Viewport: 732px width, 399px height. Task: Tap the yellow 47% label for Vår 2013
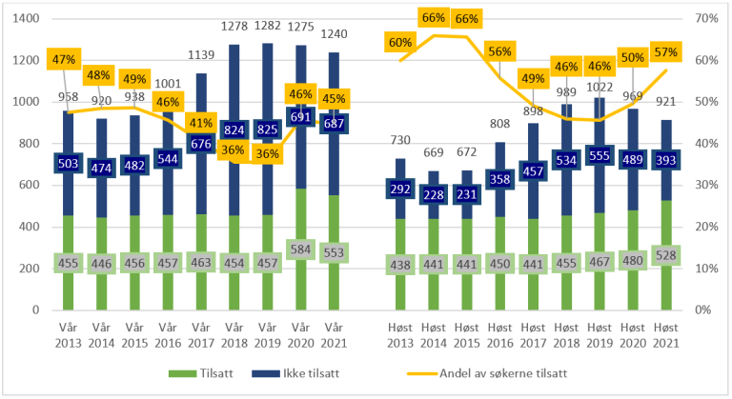65,59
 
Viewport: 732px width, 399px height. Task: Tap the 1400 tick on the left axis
26,19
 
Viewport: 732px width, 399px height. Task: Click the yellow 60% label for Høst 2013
400,42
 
